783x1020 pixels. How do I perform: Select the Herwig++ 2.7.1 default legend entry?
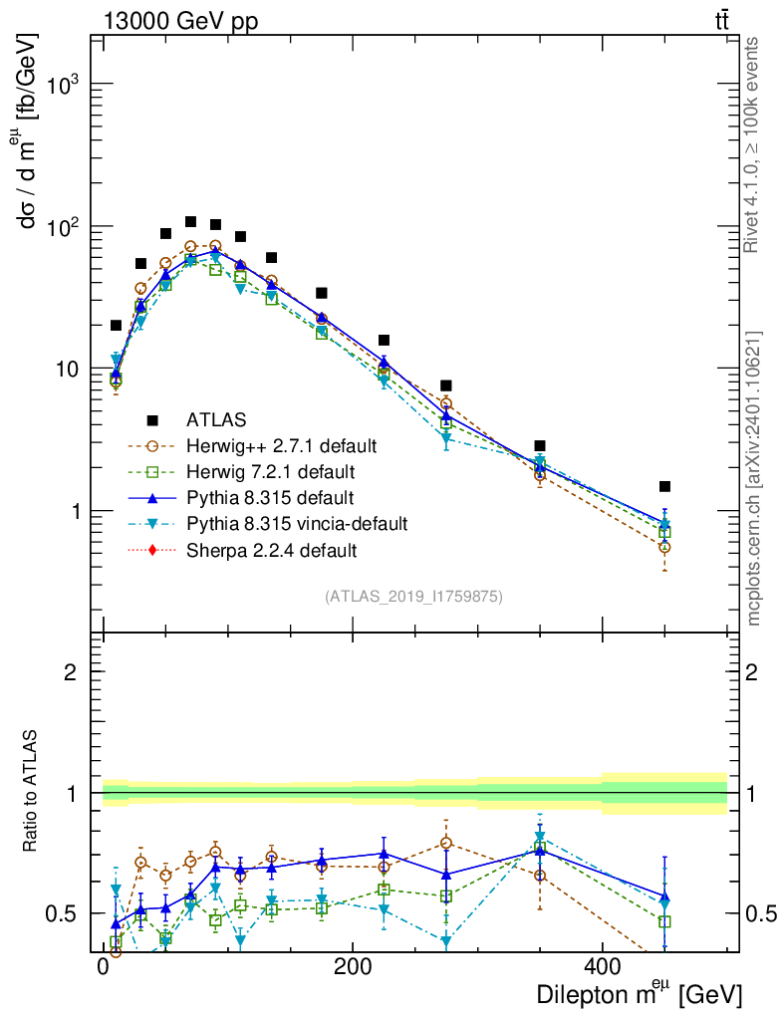[x=283, y=445]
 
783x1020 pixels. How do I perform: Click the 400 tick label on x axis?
[x=601, y=967]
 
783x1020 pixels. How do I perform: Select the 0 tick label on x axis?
[x=104, y=967]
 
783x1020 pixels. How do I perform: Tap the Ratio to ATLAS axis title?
[x=32, y=792]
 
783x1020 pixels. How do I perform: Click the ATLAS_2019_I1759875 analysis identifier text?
[x=413, y=597]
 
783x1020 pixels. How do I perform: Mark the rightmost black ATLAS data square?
[x=663, y=486]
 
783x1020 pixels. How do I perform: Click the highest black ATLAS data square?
[x=190, y=222]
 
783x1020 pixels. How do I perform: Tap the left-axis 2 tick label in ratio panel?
[x=72, y=672]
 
